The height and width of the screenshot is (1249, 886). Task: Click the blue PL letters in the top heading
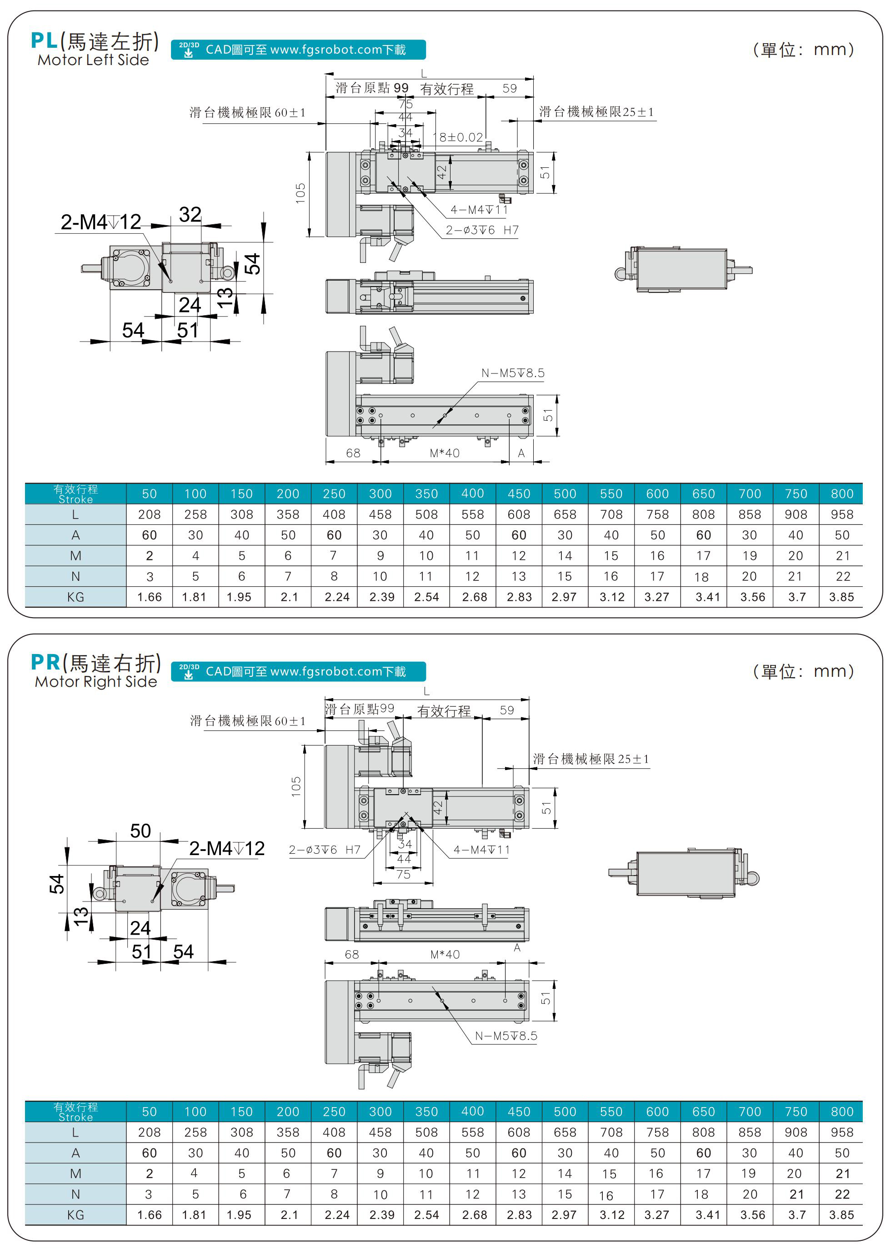tap(44, 41)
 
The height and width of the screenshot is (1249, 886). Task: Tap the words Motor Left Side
tap(93, 60)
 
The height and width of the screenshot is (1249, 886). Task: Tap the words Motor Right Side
tap(95, 682)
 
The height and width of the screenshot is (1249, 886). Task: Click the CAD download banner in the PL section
tap(298, 50)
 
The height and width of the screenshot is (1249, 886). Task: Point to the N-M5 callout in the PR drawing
tap(506, 1036)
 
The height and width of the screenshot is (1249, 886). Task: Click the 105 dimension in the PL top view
tap(300, 193)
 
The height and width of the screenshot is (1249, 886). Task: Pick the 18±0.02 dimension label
tap(461, 137)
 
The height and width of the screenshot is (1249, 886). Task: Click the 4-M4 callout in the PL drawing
tap(479, 210)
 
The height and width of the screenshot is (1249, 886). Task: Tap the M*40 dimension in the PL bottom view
tap(444, 453)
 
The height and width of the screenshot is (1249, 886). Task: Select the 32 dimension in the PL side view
tap(190, 215)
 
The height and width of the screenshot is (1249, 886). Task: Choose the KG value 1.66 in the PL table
tap(150, 597)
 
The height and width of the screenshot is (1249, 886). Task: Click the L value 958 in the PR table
tap(842, 1132)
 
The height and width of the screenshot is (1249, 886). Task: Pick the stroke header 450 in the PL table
tap(518, 494)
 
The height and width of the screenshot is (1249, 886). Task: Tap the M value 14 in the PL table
tap(565, 556)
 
